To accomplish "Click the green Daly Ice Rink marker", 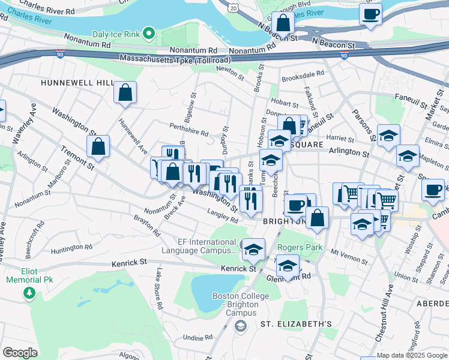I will pyautogui.click(x=150, y=34).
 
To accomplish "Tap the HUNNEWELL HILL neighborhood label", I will pyautogui.click(x=77, y=82).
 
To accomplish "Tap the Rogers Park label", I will pyautogui.click(x=300, y=247).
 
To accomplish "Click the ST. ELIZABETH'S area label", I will pyautogui.click(x=296, y=323).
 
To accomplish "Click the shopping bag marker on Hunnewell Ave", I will pyautogui.click(x=125, y=93).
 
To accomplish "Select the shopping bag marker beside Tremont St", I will pyautogui.click(x=98, y=146).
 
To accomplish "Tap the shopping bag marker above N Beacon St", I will pyautogui.click(x=283, y=23).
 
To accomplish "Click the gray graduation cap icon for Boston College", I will pyautogui.click(x=240, y=326).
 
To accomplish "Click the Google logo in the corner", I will pyautogui.click(x=20, y=353).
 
